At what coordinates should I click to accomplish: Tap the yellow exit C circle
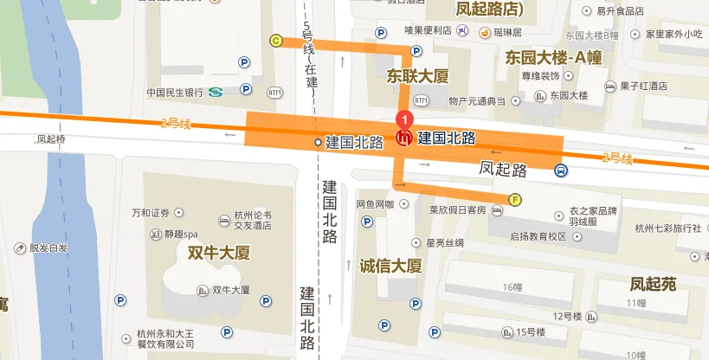pyautogui.click(x=276, y=40)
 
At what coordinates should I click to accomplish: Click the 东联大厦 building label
pyautogui.click(x=418, y=76)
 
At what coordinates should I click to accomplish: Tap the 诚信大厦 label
pyautogui.click(x=390, y=265)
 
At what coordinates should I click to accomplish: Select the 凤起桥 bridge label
pyautogui.click(x=51, y=138)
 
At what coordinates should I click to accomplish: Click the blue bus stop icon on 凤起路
pyautogui.click(x=561, y=170)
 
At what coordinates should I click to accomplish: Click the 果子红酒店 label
pyautogui.click(x=643, y=86)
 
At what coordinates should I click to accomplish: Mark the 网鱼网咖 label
pyautogui.click(x=375, y=204)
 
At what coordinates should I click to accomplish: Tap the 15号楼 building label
pyautogui.click(x=530, y=331)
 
